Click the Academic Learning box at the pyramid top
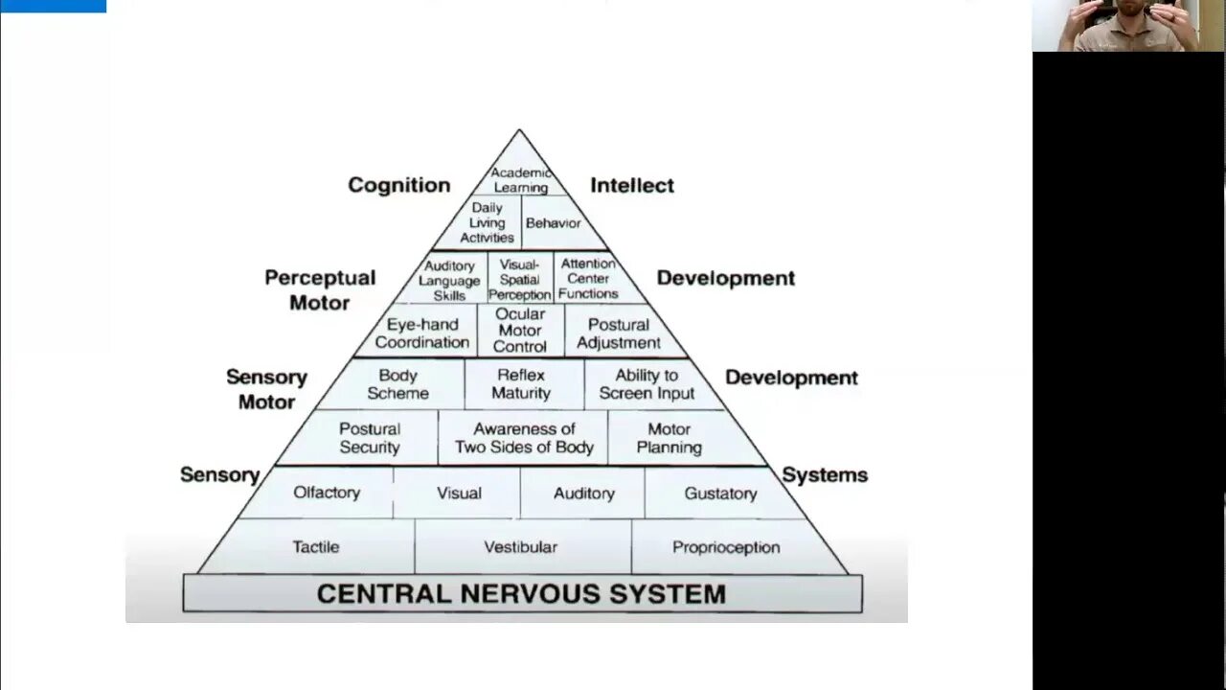coord(520,180)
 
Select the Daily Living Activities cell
coord(487,222)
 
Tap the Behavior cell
coord(554,223)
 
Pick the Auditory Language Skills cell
coord(449,280)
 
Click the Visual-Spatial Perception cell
coord(520,280)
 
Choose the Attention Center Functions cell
coord(588,279)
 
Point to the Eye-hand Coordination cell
coord(422,333)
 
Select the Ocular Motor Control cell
coord(520,331)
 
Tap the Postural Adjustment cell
coord(619,333)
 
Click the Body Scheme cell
coord(397,384)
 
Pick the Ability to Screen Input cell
coord(647,384)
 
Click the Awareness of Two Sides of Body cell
coord(524,438)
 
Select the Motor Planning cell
coord(669,438)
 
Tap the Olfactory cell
coord(327,493)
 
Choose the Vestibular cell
coord(520,547)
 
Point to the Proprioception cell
coord(726,547)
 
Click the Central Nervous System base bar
coord(522,594)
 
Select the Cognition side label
coord(398,185)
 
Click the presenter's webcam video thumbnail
coord(1128,26)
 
